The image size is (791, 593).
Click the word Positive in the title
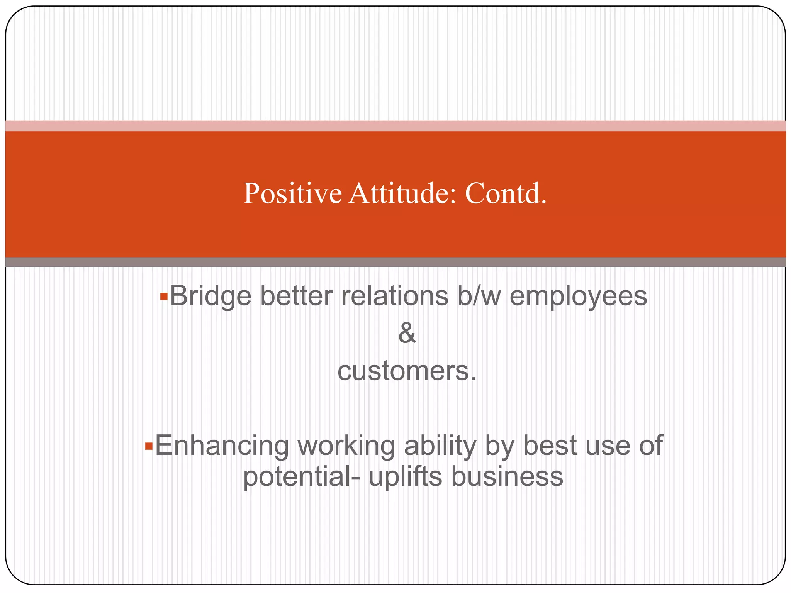(x=292, y=194)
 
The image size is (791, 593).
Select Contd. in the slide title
(x=506, y=194)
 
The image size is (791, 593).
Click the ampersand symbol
(x=407, y=333)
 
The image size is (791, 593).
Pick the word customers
(x=407, y=371)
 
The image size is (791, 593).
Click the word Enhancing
(x=222, y=446)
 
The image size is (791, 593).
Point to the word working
(x=346, y=446)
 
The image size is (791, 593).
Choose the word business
(x=507, y=477)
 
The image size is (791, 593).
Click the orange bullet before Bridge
(x=164, y=296)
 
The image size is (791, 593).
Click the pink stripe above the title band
(x=395, y=126)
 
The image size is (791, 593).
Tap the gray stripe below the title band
(x=395, y=262)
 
